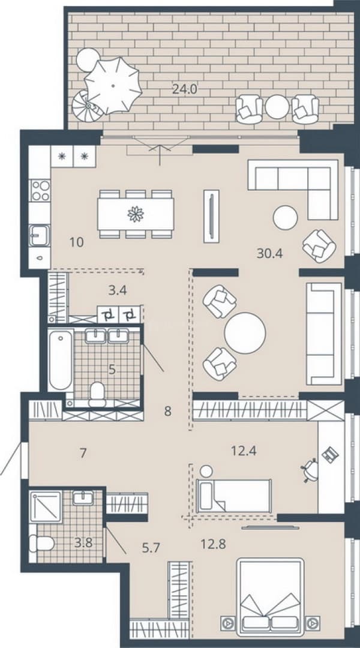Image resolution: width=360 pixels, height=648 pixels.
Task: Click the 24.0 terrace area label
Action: pyautogui.click(x=184, y=89)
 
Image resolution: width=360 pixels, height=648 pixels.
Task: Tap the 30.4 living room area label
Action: pyautogui.click(x=269, y=253)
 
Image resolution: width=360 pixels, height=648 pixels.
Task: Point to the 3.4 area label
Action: pyautogui.click(x=118, y=290)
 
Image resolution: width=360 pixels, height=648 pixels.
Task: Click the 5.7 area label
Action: pyautogui.click(x=151, y=548)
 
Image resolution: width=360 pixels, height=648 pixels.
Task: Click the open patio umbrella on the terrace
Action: pyautogui.click(x=113, y=85)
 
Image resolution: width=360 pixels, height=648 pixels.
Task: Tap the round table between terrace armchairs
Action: pyautogui.click(x=277, y=107)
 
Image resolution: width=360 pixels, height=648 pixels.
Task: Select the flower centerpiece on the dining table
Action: pyautogui.click(x=136, y=214)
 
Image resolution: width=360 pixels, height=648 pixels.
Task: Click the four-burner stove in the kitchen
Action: pyautogui.click(x=41, y=191)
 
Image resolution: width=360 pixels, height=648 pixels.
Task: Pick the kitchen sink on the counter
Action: pyautogui.click(x=39, y=236)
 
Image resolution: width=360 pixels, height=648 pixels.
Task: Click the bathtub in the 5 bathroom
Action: pyautogui.click(x=61, y=359)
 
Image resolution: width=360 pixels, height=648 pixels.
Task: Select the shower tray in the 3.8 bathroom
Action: pyautogui.click(x=46, y=506)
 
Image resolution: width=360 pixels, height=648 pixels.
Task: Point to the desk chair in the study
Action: pyautogui.click(x=310, y=470)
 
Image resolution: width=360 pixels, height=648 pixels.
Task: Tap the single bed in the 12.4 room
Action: pyautogui.click(x=234, y=496)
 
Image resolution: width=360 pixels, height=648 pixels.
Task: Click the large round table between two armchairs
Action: pyautogui.click(x=245, y=333)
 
